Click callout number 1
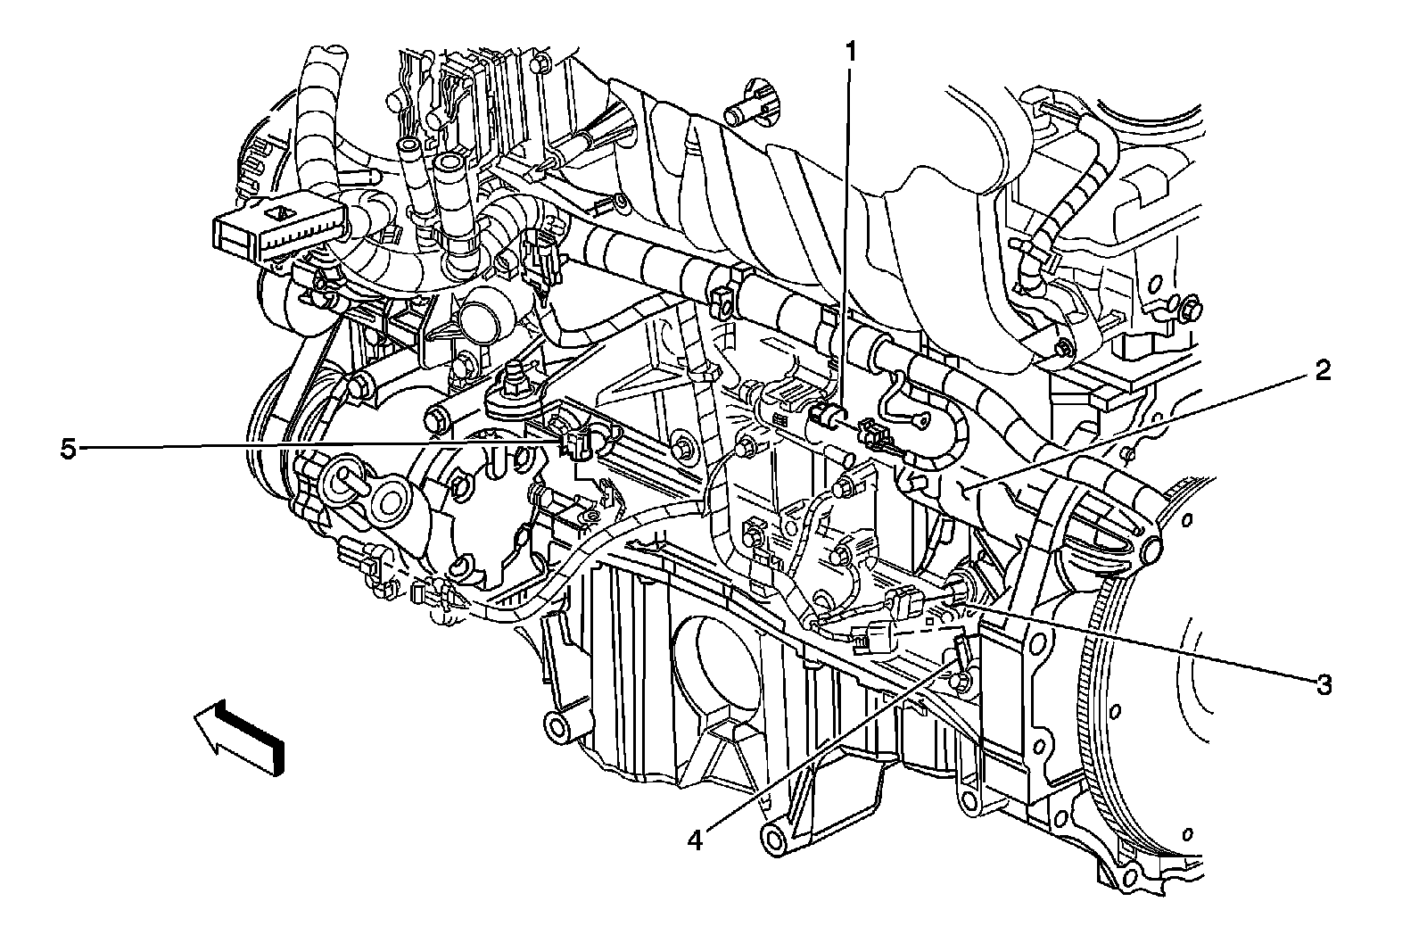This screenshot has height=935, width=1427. pyautogui.click(x=850, y=54)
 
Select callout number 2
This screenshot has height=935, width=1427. pyautogui.click(x=1323, y=371)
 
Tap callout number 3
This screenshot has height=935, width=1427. pyautogui.click(x=1324, y=685)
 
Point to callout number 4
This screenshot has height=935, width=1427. pyautogui.click(x=695, y=840)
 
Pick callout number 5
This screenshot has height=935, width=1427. pyautogui.click(x=68, y=450)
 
